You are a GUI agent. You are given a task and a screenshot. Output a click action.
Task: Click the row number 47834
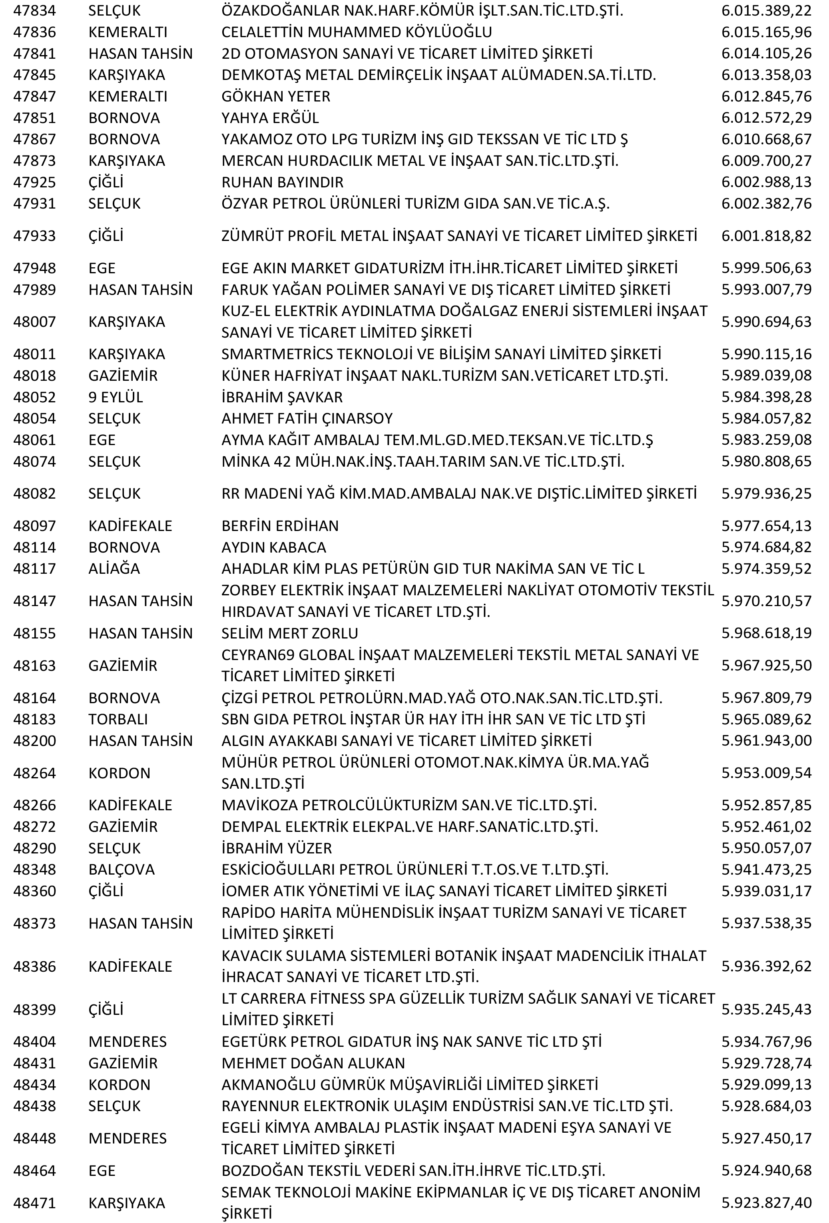click(x=34, y=10)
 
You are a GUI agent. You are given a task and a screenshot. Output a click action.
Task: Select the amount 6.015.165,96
click(x=766, y=32)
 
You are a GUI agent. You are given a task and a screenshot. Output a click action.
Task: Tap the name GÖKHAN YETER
click(x=276, y=96)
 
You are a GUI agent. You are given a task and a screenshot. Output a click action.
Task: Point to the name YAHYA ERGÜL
click(x=270, y=118)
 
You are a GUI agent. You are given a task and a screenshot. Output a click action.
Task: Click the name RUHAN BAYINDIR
click(x=282, y=182)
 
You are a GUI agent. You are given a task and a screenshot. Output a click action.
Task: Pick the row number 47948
click(x=34, y=268)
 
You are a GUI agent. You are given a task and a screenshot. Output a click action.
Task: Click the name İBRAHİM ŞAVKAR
click(x=282, y=397)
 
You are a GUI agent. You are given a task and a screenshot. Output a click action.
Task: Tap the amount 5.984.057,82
click(x=766, y=418)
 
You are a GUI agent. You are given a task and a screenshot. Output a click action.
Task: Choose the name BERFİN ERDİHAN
click(x=280, y=526)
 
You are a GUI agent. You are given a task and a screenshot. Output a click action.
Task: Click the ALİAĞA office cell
click(x=114, y=568)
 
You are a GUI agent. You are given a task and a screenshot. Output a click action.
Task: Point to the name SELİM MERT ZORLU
click(x=289, y=633)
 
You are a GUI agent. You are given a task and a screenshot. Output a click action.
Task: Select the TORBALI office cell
click(x=118, y=719)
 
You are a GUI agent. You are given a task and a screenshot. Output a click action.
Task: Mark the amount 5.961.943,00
click(x=766, y=740)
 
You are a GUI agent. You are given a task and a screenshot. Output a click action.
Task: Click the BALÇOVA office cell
click(x=122, y=869)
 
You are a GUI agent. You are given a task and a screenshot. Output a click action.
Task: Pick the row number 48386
click(x=34, y=966)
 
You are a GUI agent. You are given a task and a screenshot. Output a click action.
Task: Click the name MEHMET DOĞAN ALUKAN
click(x=313, y=1063)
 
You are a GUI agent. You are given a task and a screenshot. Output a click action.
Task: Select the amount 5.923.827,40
click(x=766, y=1203)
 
